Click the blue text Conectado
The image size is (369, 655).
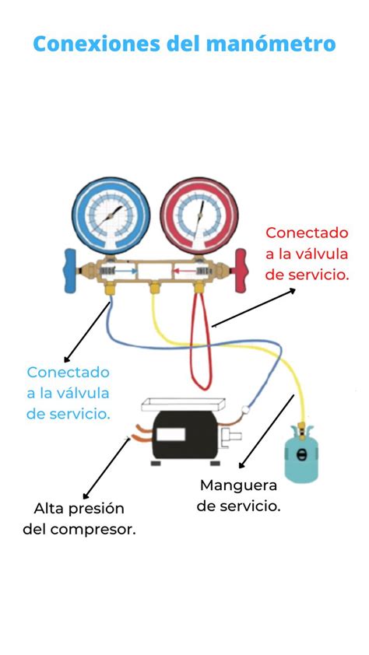[68, 372]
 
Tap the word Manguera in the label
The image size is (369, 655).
[238, 485]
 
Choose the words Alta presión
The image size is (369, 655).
[79, 509]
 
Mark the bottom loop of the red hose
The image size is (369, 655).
[201, 384]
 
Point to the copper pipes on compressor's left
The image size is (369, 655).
[142, 433]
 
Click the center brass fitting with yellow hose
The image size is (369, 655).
[155, 289]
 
